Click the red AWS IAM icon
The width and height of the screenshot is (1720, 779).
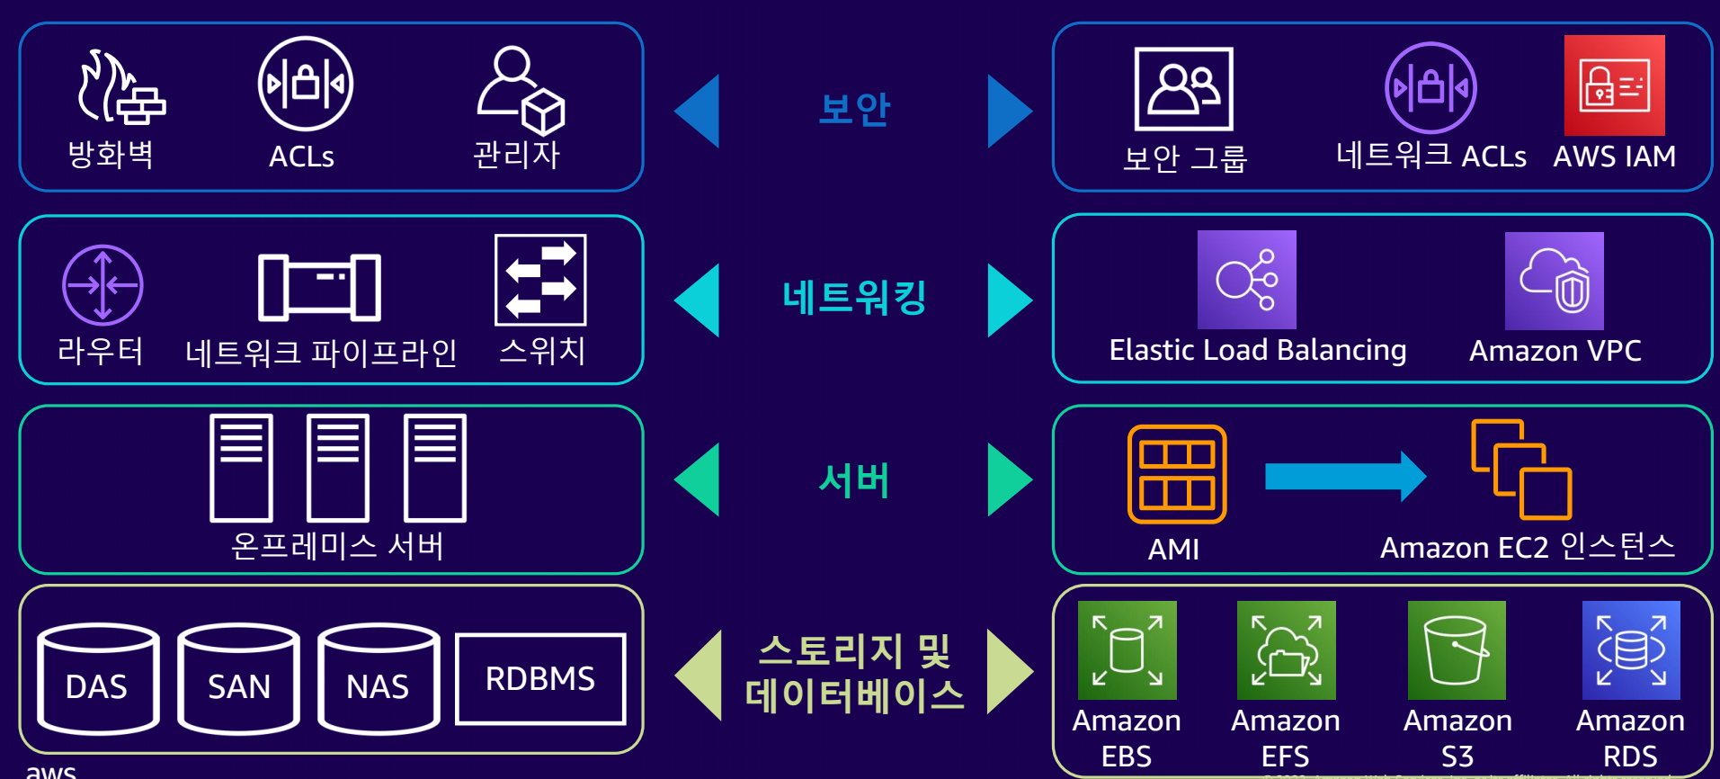pos(1614,85)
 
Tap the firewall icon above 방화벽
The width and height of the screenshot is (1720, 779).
pos(120,88)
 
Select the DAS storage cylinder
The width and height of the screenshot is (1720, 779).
pos(98,678)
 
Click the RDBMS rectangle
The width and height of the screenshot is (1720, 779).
pos(540,678)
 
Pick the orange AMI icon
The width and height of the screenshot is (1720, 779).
pos(1177,474)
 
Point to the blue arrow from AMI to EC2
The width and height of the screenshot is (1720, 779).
pos(1344,476)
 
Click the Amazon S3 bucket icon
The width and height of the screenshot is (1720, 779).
pos(1457,650)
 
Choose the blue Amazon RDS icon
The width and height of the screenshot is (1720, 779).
pos(1630,650)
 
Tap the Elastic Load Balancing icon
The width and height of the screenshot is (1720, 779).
pos(1246,280)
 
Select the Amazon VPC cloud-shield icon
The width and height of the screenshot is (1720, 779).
pos(1554,281)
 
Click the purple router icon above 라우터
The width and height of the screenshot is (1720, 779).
pos(102,285)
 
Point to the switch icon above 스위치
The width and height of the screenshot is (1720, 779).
pos(540,280)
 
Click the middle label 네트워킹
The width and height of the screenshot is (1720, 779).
pos(854,298)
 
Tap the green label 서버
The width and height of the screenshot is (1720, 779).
pos(854,479)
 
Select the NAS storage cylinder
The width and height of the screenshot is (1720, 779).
pos(379,678)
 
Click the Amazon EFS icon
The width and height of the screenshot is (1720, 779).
pos(1286,650)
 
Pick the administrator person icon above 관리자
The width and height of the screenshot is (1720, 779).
pos(519,90)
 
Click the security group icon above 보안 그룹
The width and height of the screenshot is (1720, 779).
pos(1183,89)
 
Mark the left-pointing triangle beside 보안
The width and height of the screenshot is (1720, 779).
pos(699,111)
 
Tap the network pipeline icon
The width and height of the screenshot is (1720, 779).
pos(319,287)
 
